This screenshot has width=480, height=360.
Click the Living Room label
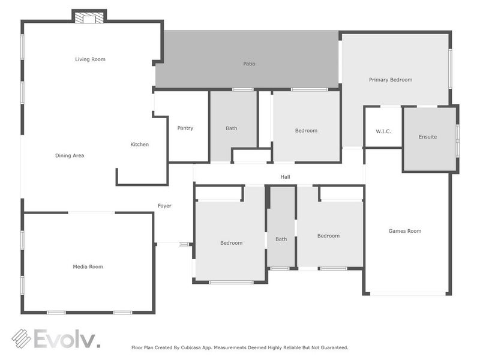pos(90,59)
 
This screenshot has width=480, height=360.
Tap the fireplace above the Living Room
pos(89,17)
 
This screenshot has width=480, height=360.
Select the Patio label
pos(249,64)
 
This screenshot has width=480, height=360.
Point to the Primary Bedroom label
pos(390,80)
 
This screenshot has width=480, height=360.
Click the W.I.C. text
pos(383,131)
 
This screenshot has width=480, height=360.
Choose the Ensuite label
pos(427,137)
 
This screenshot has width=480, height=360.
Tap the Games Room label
pos(404,231)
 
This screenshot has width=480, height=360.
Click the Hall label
pos(285,177)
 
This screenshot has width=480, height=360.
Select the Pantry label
pos(185,128)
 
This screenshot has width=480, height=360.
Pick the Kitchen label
pos(139,145)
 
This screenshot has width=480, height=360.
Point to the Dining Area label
pos(70,155)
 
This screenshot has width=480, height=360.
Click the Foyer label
pos(164,206)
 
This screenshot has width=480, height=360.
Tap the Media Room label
pos(88,266)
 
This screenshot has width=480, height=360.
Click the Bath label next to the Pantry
pos(231,128)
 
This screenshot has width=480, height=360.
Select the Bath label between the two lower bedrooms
pos(281,239)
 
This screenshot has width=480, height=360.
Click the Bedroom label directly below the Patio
pos(306,131)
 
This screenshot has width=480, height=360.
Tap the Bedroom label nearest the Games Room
pos(328,236)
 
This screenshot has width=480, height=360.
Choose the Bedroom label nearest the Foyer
pos(231,243)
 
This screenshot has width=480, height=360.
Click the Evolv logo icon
pos(22,338)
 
